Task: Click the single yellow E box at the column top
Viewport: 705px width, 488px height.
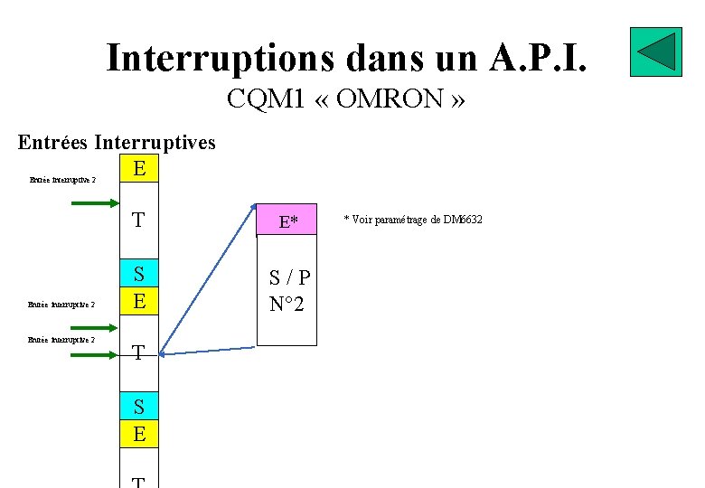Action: click(x=139, y=169)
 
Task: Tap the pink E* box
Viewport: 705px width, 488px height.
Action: click(x=288, y=221)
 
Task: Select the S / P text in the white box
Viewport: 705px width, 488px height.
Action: click(x=289, y=278)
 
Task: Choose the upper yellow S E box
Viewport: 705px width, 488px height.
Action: click(x=139, y=287)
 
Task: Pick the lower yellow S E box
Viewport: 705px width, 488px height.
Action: click(x=139, y=420)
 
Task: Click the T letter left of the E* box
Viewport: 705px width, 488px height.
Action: click(x=138, y=221)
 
